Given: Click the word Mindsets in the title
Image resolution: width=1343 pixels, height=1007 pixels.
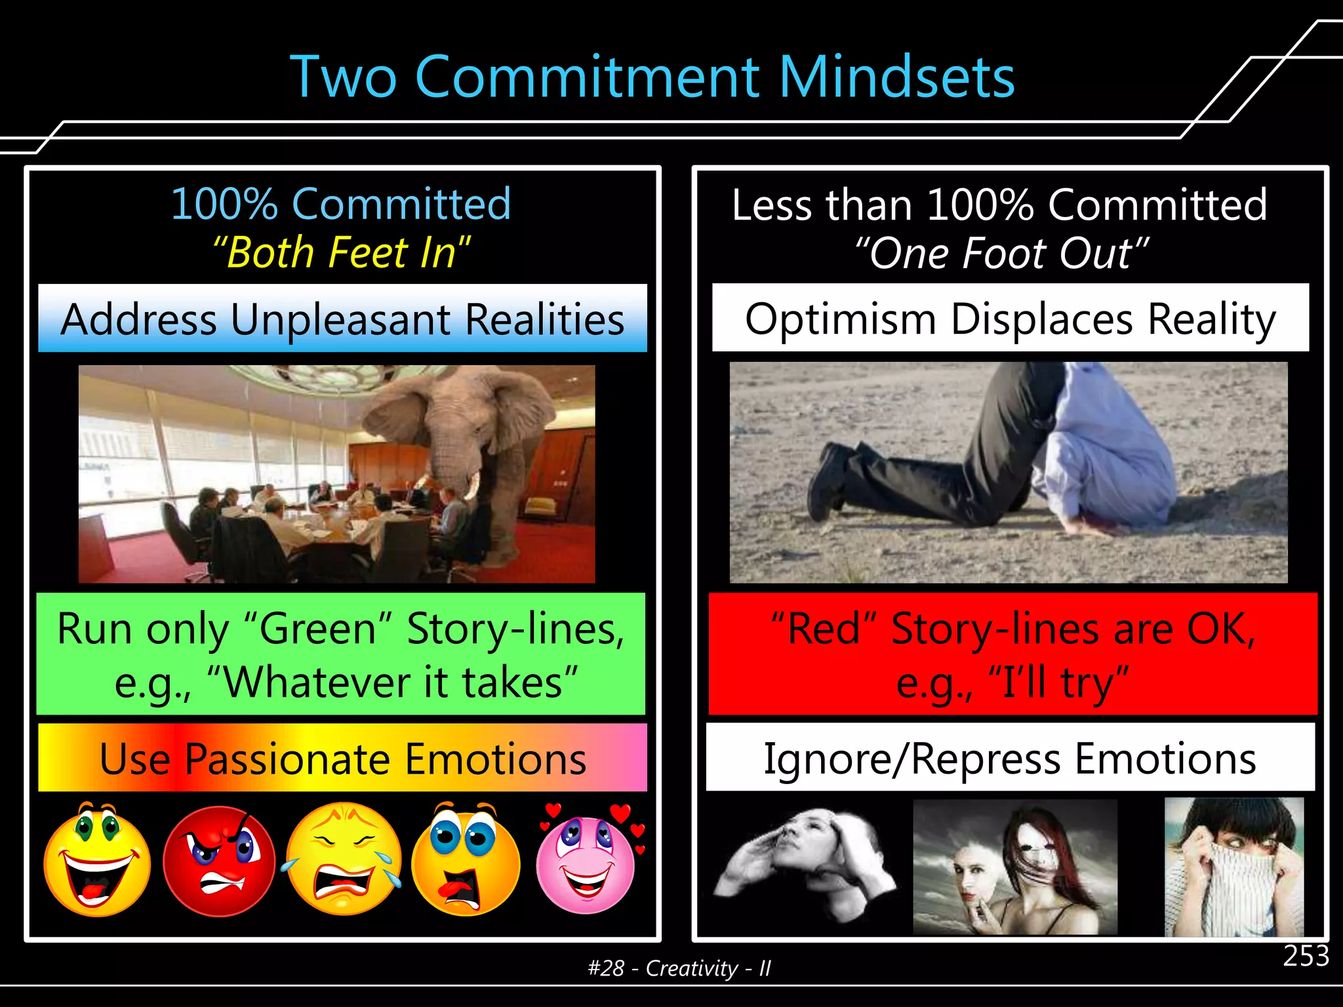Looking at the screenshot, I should [x=896, y=77].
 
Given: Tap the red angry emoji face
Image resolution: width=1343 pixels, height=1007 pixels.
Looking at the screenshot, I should [x=218, y=860].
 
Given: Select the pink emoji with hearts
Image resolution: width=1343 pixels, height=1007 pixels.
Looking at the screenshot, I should [x=586, y=863].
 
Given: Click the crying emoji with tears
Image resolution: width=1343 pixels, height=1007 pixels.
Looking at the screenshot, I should [x=344, y=859].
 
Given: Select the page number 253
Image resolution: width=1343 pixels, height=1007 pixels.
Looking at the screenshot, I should [x=1306, y=956].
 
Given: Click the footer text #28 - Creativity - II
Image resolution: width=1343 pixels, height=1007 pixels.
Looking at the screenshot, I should [x=679, y=968].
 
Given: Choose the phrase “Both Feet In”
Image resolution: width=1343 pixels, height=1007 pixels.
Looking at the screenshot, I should [x=341, y=252].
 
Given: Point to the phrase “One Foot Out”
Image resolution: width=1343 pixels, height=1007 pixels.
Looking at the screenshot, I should [x=1001, y=253].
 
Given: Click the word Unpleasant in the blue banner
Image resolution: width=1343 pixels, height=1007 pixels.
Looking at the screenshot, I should [x=340, y=319].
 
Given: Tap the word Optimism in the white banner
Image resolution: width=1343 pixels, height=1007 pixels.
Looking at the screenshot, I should [x=840, y=319].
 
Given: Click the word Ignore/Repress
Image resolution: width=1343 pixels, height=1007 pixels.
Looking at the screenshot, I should [x=912, y=759].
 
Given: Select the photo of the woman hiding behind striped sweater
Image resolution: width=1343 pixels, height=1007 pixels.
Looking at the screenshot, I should [x=1233, y=867].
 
